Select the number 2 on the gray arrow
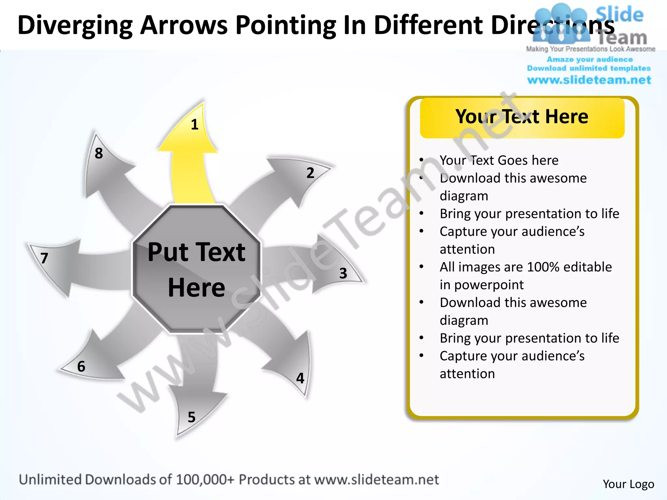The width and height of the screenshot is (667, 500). point(310,173)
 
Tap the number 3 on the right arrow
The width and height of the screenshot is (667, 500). point(343,273)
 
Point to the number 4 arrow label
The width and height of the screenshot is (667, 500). point(300,378)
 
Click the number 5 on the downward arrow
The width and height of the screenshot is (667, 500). point(192,417)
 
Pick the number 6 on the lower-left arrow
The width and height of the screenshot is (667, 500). point(81,367)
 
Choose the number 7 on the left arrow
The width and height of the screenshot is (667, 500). point(44,258)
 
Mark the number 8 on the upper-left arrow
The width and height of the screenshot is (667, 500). point(99,153)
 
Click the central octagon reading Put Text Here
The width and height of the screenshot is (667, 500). point(196,270)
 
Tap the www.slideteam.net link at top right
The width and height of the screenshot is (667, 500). point(589,80)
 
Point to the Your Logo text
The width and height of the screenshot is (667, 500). point(628,484)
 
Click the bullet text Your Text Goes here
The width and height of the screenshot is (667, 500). point(499,160)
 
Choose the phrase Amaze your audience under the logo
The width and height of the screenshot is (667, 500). point(589,60)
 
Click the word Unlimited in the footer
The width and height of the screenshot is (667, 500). point(50,480)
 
